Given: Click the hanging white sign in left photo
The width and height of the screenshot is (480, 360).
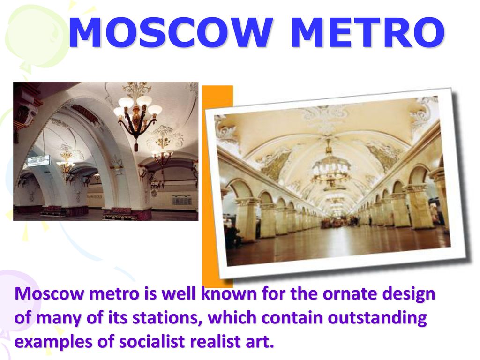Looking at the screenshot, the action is [39, 160].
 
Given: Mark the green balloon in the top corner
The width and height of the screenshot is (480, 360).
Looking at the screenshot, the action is [34, 35].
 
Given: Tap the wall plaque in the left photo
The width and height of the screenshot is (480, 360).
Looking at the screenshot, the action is [181, 201].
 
